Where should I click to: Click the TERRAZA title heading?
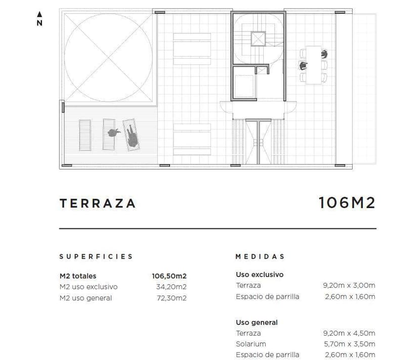pyautogui.click(x=98, y=203)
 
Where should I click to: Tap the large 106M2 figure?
pyautogui.click(x=347, y=203)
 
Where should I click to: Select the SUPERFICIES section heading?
pyautogui.click(x=96, y=257)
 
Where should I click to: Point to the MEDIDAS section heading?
pyautogui.click(x=260, y=257)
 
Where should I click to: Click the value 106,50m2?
pyautogui.click(x=169, y=276)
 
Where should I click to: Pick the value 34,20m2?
pyautogui.click(x=171, y=287)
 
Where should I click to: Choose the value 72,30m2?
pyautogui.click(x=172, y=298)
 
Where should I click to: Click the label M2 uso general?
pyautogui.click(x=86, y=298)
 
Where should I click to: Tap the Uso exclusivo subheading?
pyautogui.click(x=260, y=274)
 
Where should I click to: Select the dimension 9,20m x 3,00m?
pyautogui.click(x=349, y=286)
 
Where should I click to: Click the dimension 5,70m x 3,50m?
pyautogui.click(x=350, y=344)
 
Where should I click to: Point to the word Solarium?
pyautogui.click(x=250, y=344)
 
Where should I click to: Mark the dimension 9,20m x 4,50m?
pyautogui.click(x=349, y=333)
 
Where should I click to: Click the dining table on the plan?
pyautogui.click(x=313, y=65)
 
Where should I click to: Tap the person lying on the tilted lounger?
pyautogui.click(x=132, y=136)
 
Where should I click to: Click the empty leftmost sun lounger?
pyautogui.click(x=85, y=135)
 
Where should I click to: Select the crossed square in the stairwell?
pyautogui.click(x=258, y=39)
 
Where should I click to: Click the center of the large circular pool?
pyautogui.click(x=108, y=58)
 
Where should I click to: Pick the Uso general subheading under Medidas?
pyautogui.click(x=257, y=323)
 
